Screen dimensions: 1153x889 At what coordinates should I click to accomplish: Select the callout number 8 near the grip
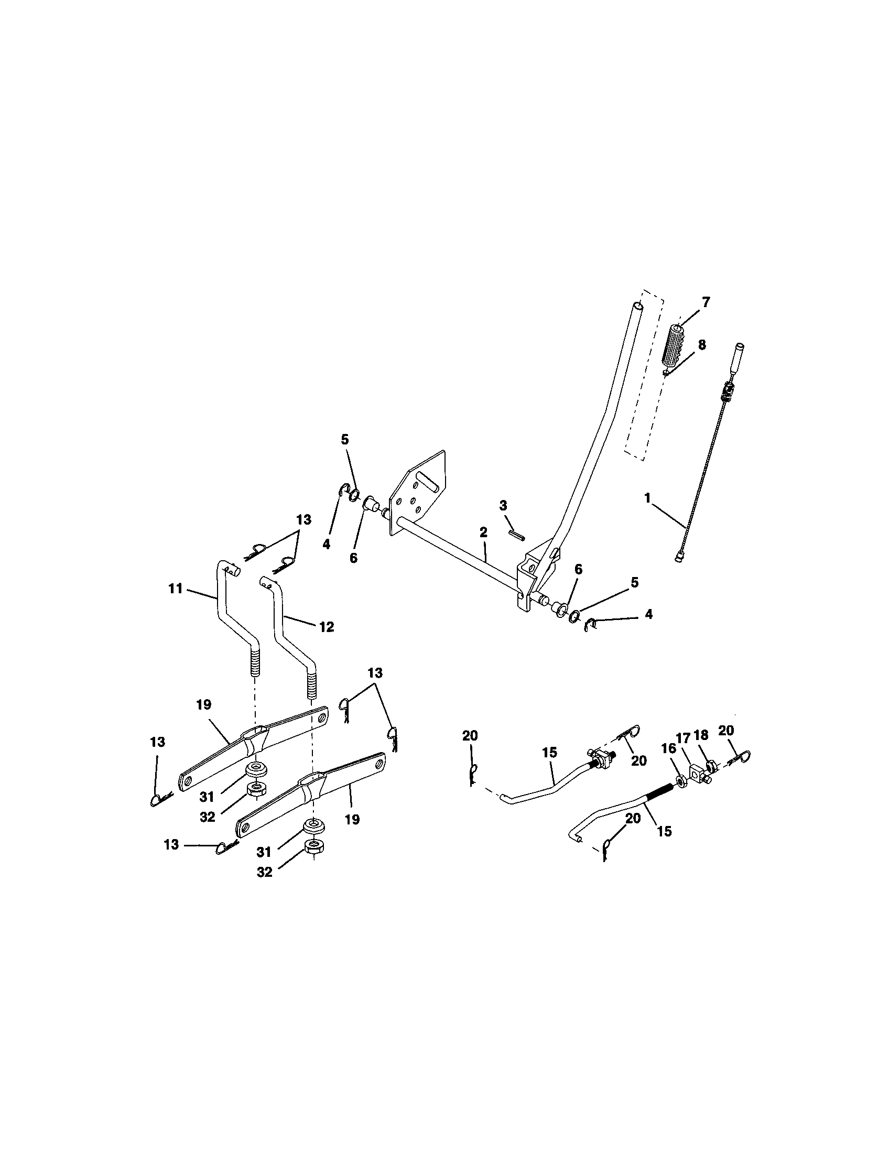[x=701, y=345]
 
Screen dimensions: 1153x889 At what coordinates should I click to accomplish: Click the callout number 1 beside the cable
[x=647, y=498]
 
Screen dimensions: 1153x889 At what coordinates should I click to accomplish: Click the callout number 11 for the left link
[x=175, y=588]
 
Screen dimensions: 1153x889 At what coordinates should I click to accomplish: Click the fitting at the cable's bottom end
[x=679, y=556]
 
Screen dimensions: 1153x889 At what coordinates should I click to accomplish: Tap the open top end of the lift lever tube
[x=639, y=306]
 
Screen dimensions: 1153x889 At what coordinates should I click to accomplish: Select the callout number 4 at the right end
[x=648, y=615]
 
